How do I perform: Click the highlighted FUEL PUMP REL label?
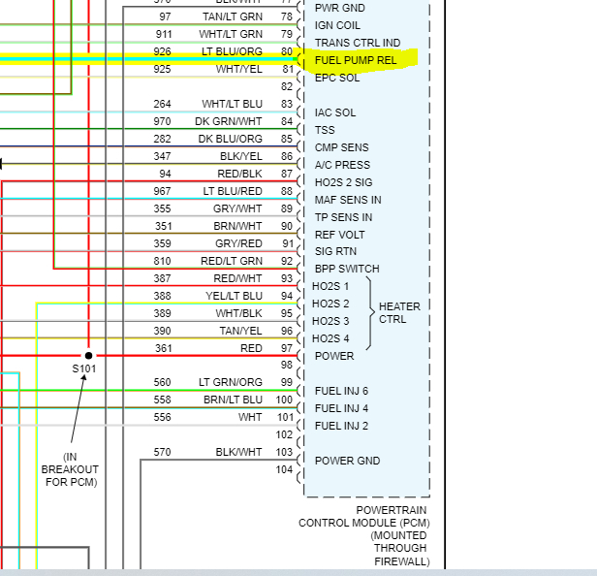coord(355,60)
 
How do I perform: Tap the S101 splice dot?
coord(88,355)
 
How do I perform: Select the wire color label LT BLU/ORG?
coord(232,51)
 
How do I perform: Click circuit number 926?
coord(162,51)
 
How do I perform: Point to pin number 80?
coord(286,51)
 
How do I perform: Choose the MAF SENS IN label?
coord(348,200)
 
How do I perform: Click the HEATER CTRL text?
coord(399,313)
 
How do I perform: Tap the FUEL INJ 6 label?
coord(341,391)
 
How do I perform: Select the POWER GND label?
coord(347,461)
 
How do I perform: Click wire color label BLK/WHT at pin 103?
coord(238,452)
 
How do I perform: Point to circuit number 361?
coord(162,348)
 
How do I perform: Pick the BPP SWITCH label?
coord(347,269)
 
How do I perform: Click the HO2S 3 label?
coord(330,321)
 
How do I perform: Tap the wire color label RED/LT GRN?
coord(232,261)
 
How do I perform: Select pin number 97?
coord(286,348)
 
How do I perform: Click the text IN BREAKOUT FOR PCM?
coord(70,469)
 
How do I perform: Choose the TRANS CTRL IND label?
coord(358,43)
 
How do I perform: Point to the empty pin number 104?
coord(284,469)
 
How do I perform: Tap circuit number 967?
coord(162,191)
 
